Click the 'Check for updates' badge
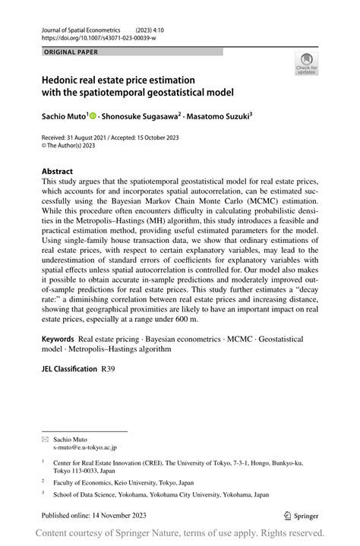pyautogui.click(x=307, y=63)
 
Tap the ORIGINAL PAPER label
pyautogui.click(x=71, y=52)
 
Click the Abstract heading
pyautogui.click(x=57, y=172)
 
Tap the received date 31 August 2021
pyautogui.click(x=88, y=137)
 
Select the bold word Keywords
pyautogui.click(x=58, y=339)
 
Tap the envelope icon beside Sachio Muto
pyautogui.click(x=45, y=439)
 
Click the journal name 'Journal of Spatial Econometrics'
pyautogui.click(x=82, y=28)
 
